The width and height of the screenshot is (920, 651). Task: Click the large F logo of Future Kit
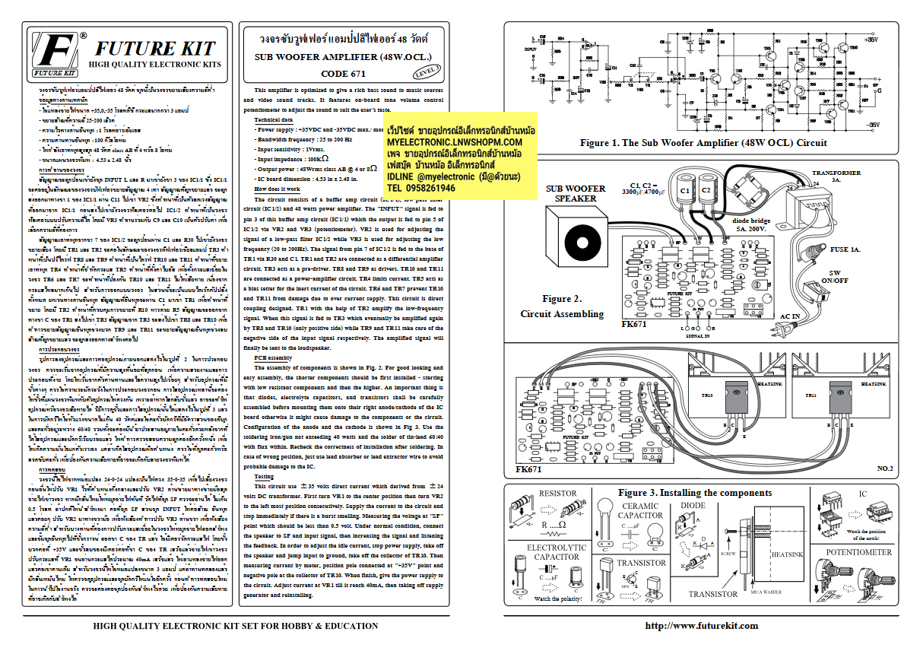click(54, 52)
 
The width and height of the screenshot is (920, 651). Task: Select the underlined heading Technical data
click(273, 120)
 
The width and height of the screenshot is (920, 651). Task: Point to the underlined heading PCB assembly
click(273, 357)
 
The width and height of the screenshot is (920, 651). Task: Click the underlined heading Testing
click(265, 476)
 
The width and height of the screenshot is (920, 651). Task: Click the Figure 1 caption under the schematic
click(703, 142)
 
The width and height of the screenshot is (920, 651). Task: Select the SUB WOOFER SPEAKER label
click(576, 193)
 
